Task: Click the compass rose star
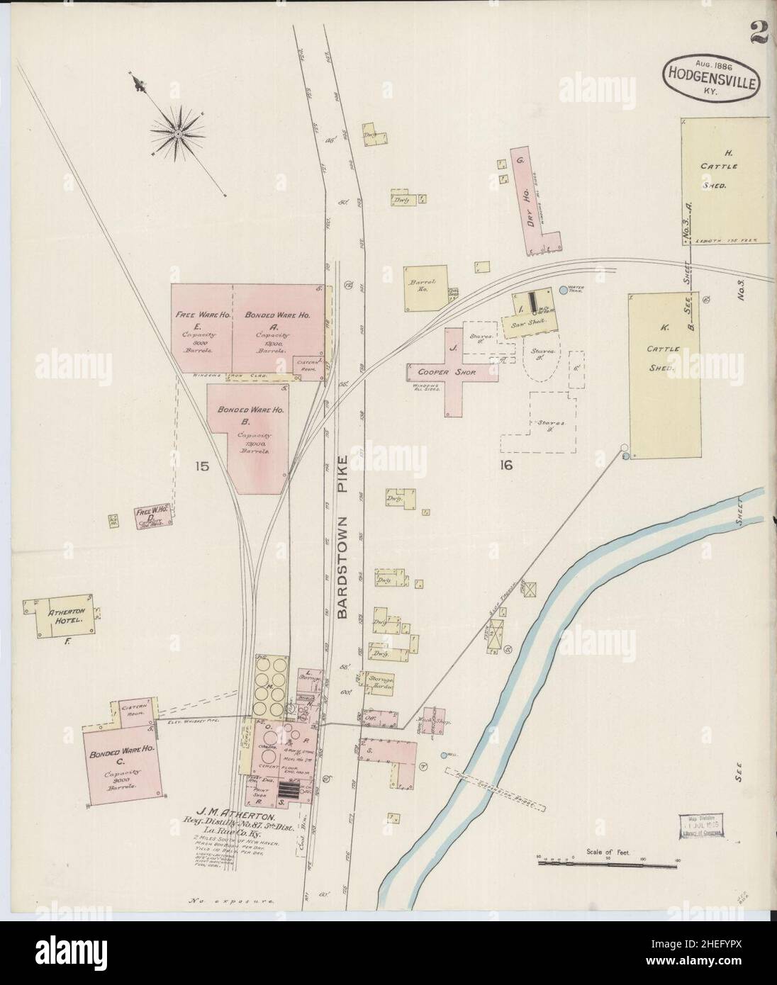[x=177, y=132]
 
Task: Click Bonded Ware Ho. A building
[x=279, y=329]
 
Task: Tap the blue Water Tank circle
[x=564, y=290]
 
